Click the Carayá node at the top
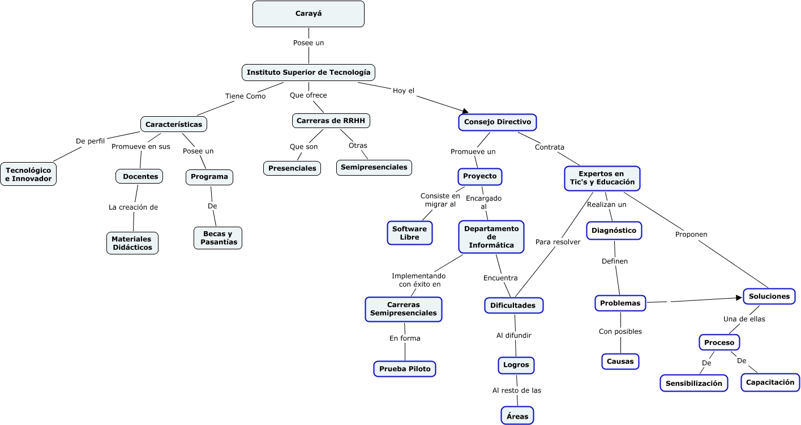[x=308, y=14]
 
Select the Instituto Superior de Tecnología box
[x=309, y=73]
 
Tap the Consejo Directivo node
[x=497, y=122]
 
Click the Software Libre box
[x=409, y=233]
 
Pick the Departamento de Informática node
[x=491, y=237]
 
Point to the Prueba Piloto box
[x=404, y=369]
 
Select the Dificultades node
[x=513, y=305]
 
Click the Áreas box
[x=517, y=416]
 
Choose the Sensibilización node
[x=693, y=383]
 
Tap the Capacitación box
[x=770, y=382]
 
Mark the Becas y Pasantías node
[x=217, y=238]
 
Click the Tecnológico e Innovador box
[x=28, y=175]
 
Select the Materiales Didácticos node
[x=132, y=243]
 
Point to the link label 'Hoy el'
[x=404, y=91]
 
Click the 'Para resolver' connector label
[x=558, y=242]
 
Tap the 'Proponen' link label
[x=691, y=234]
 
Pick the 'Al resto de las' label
[x=516, y=390]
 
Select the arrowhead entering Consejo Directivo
[x=465, y=111]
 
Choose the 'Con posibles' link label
[x=620, y=331]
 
